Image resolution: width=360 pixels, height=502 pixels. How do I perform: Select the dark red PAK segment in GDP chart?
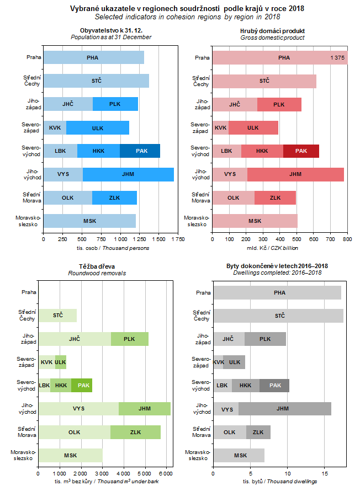coord(301,151)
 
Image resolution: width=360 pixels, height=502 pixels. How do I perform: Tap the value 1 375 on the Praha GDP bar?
coord(337,57)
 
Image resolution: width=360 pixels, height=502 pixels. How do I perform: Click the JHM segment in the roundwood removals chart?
coord(145,409)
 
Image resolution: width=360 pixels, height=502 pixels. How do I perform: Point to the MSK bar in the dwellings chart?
coord(239,455)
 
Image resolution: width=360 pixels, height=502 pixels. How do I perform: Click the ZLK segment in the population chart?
coord(114,197)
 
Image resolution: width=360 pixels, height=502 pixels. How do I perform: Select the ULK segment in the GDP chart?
coord(253,127)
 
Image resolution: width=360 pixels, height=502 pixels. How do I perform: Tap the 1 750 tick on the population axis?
coord(178,239)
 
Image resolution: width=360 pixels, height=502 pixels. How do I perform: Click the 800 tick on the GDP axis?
coord(347,239)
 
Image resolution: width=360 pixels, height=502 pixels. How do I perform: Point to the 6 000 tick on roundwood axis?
coord(166,473)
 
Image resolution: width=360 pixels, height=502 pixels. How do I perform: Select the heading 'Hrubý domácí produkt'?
coord(273,30)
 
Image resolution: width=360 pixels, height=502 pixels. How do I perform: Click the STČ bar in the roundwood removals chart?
coord(57,316)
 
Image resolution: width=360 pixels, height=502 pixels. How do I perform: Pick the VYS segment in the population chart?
coord(63,174)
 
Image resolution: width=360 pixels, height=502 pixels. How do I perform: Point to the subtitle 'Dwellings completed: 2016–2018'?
coord(277,273)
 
